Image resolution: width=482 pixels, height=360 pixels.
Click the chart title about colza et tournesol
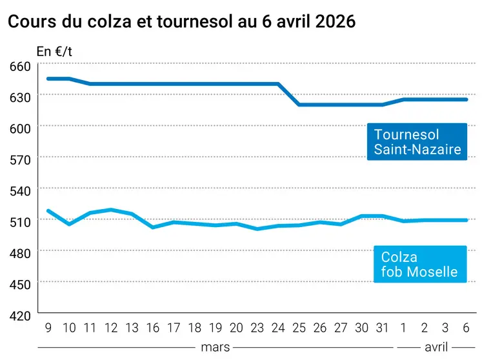(181, 21)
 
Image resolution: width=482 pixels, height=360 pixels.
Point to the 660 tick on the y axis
(20, 66)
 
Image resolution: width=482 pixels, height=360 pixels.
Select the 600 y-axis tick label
(20, 128)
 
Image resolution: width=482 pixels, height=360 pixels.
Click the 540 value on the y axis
(20, 191)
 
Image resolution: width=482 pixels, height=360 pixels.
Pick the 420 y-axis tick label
(20, 315)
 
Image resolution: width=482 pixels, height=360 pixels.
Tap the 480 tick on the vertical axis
(20, 254)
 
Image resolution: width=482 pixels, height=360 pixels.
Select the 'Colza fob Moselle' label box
(419, 265)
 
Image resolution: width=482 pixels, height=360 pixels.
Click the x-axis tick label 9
(48, 328)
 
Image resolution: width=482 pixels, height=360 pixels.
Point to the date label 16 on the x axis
(153, 328)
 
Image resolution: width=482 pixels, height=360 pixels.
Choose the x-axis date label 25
(299, 328)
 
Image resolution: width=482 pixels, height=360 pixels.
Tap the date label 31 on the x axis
(383, 328)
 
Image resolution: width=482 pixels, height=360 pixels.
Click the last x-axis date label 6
(466, 328)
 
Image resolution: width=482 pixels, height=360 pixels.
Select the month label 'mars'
(215, 347)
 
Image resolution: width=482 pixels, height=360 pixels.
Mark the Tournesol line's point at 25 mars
(299, 105)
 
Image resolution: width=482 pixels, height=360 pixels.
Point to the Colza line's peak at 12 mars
(111, 210)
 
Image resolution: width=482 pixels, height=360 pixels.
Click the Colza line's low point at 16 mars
(153, 227)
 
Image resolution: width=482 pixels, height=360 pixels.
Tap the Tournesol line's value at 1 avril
(403, 99)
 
